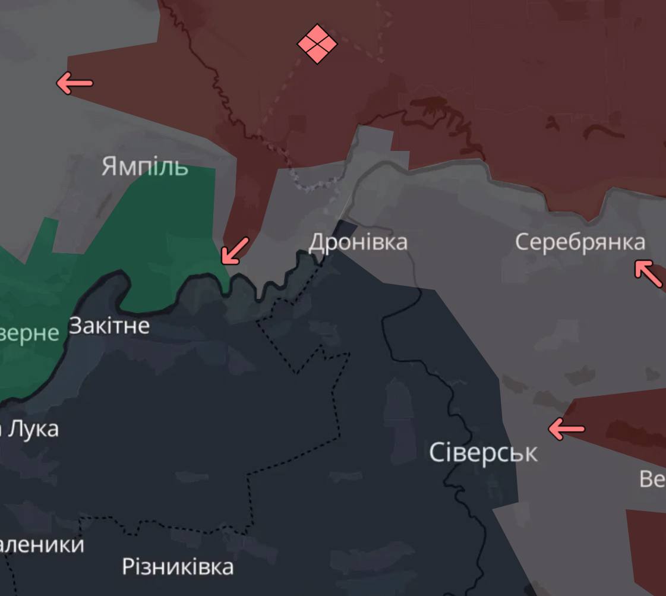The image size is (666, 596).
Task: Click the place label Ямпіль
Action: click(x=144, y=166)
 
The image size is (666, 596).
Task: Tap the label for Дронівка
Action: click(x=358, y=242)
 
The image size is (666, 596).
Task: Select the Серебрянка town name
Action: click(x=580, y=242)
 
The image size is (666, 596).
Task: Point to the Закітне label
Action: click(x=109, y=326)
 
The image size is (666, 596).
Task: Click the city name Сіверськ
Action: click(x=483, y=453)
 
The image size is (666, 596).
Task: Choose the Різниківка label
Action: click(x=178, y=566)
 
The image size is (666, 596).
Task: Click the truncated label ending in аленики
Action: click(x=42, y=544)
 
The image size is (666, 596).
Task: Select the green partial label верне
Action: click(x=29, y=333)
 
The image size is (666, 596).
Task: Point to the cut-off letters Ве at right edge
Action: click(x=652, y=478)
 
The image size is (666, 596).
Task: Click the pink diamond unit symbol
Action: click(x=317, y=44)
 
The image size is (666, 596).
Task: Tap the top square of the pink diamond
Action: click(x=317, y=33)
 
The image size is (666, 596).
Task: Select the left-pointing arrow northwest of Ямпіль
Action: click(x=74, y=83)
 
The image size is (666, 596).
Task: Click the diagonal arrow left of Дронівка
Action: click(x=235, y=250)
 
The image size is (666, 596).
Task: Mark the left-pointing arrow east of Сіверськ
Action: click(x=566, y=428)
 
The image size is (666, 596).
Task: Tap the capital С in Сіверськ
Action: click(x=436, y=453)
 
